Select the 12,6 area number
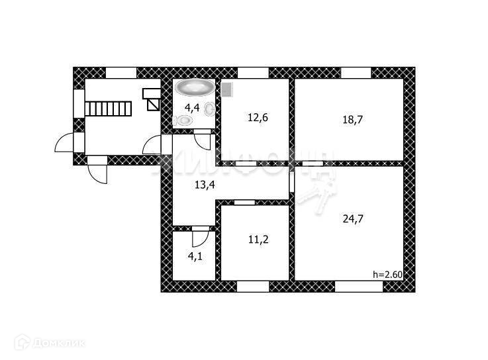254,117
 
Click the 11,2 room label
254,242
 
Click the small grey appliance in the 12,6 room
227,89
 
